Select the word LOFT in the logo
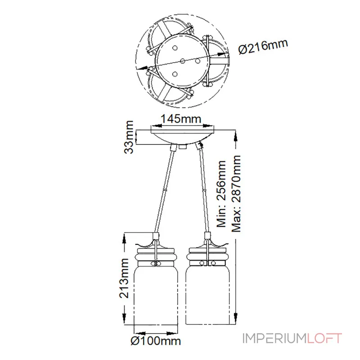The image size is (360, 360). pos(325,338)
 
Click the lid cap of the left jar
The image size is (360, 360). pos(155,247)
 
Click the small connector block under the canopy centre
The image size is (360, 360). pos(182,147)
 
